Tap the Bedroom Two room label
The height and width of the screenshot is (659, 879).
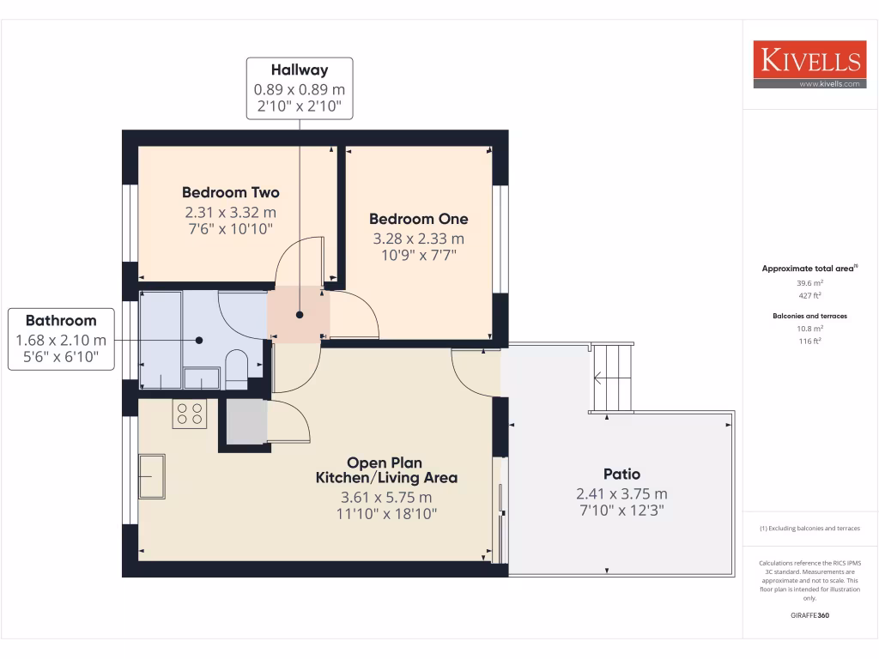pyautogui.click(x=230, y=192)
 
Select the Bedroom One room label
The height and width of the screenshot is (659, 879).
pyautogui.click(x=418, y=219)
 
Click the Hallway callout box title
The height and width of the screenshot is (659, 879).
pyautogui.click(x=300, y=70)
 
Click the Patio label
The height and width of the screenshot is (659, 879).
pyautogui.click(x=621, y=474)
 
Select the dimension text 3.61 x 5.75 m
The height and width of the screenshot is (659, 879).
pyautogui.click(x=386, y=497)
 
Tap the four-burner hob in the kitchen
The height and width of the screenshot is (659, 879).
pyautogui.click(x=190, y=414)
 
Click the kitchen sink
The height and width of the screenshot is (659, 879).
pyautogui.click(x=153, y=475)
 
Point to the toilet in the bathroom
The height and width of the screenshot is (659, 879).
pyautogui.click(x=235, y=364)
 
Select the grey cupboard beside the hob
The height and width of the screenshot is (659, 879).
pyautogui.click(x=246, y=421)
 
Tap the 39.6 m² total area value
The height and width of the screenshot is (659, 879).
pyautogui.click(x=810, y=282)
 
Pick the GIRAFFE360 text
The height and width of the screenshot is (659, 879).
pyautogui.click(x=810, y=615)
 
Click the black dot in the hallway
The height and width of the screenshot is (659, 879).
pyautogui.click(x=299, y=314)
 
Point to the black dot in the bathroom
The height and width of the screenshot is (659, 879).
pyautogui.click(x=199, y=340)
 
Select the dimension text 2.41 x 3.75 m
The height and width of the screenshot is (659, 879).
pyautogui.click(x=621, y=494)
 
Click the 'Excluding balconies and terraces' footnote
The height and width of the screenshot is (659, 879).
pyautogui.click(x=810, y=529)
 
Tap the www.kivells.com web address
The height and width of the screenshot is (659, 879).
pyautogui.click(x=828, y=84)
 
